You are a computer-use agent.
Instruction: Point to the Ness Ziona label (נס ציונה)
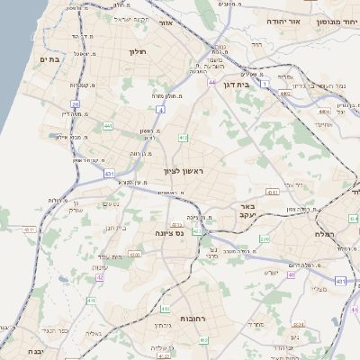coord(167,232)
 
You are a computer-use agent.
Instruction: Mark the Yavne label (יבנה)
coord(36,351)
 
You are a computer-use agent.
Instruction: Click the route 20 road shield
coord(76,104)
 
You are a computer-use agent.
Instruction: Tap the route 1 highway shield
coord(266,83)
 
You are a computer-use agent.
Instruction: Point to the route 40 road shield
coord(292,275)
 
